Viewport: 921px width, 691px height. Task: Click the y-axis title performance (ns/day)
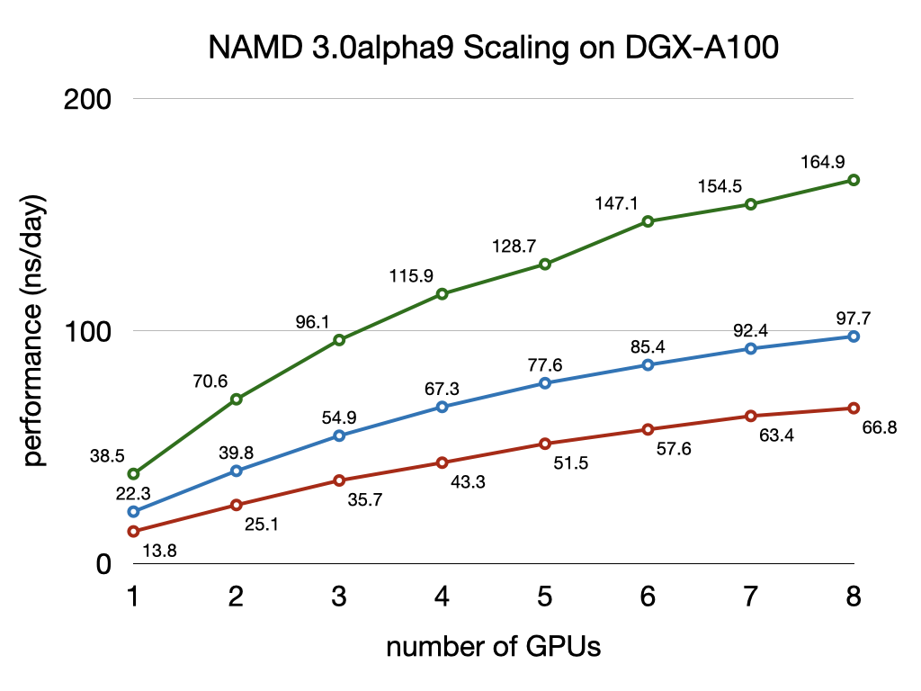[x=34, y=330]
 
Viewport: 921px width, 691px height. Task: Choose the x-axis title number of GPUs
[x=493, y=646]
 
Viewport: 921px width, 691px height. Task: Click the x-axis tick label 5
[x=544, y=596]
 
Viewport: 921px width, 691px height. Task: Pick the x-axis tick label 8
[x=853, y=596]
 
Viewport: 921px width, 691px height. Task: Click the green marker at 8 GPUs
[x=854, y=180]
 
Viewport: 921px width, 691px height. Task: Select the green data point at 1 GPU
[x=134, y=473]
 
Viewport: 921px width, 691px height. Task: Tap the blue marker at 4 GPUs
[x=442, y=407]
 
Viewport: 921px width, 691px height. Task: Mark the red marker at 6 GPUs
[x=648, y=429]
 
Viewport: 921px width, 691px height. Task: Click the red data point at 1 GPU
[x=134, y=531]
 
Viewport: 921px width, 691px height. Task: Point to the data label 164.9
[x=821, y=163]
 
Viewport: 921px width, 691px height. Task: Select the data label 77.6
[x=545, y=364]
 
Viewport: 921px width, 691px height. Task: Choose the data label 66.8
[x=879, y=428]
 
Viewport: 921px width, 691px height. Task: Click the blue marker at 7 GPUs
[x=751, y=348]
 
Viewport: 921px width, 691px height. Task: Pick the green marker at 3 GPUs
[x=339, y=340]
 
